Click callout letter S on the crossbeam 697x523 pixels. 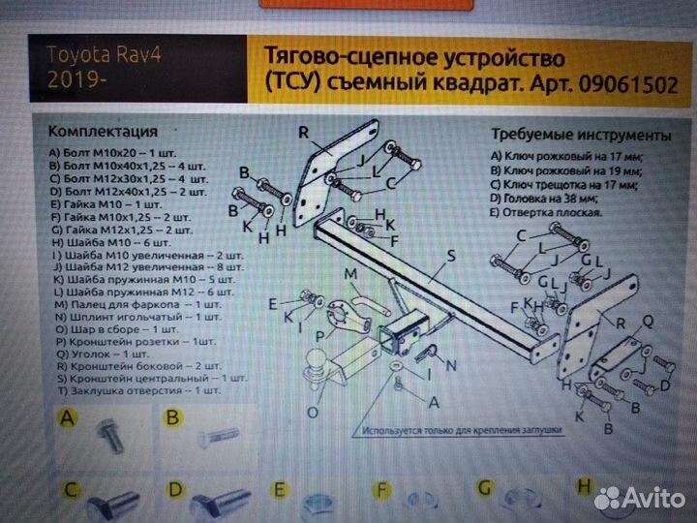[450, 257]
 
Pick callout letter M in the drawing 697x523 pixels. [351, 275]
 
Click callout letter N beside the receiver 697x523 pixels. [450, 365]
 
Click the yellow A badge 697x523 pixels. [67, 418]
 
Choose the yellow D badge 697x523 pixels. [175, 490]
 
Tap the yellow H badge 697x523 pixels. [584, 487]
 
